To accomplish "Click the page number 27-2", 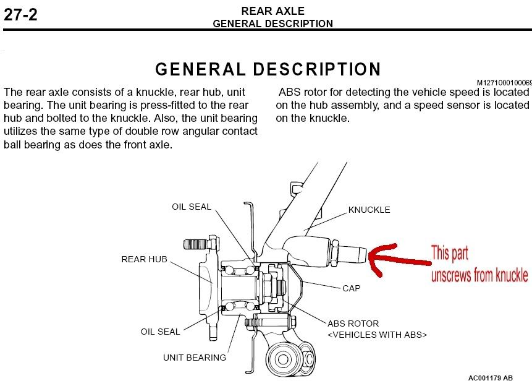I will pos(20,14).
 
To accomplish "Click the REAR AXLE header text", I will pos(272,11).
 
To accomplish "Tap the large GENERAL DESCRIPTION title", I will pos(268,69).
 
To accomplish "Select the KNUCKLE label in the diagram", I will pos(369,210).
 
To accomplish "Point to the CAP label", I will pos(351,288).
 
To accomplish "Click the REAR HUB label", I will pos(144,259).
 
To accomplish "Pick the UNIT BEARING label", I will pos(195,357).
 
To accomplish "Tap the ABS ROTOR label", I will pos(353,324).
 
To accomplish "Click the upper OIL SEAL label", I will pos(192,207).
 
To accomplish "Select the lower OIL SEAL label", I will pos(160,332).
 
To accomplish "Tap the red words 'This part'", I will pos(450,254).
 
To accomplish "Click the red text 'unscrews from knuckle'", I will pos(479,275).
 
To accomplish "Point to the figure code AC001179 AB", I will pos(490,377).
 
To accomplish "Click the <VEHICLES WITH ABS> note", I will pos(377,335).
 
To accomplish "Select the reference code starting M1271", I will pos(504,82).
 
